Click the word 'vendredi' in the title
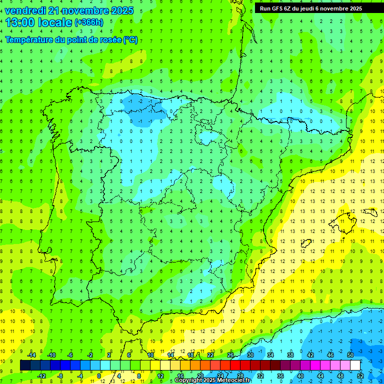click(x=25, y=10)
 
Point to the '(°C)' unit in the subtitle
click(x=130, y=39)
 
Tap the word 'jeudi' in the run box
click(x=315, y=8)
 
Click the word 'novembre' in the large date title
click(x=87, y=10)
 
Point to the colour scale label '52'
click(x=360, y=375)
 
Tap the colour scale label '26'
click(x=230, y=355)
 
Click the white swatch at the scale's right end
click(x=355, y=365)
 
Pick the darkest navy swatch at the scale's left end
click(x=25, y=365)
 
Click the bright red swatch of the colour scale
click(x=235, y=365)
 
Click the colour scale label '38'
click(x=290, y=355)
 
